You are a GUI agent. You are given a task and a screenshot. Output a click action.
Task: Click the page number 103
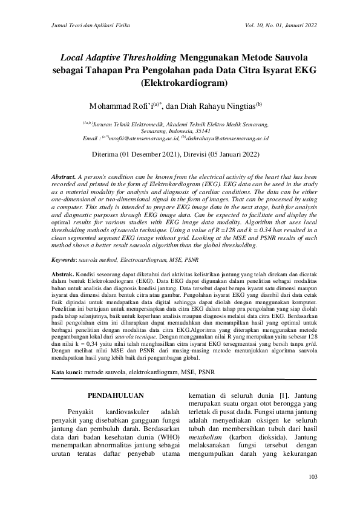click(x=313, y=478)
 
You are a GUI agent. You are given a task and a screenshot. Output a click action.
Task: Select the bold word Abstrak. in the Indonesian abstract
click(x=64, y=274)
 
